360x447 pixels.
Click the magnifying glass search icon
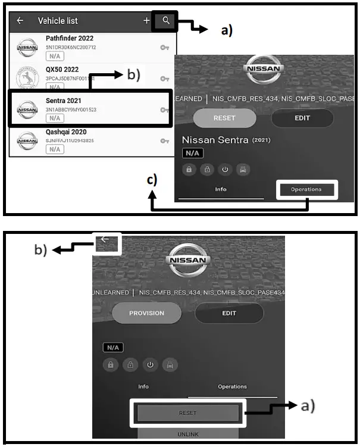pyautogui.click(x=166, y=20)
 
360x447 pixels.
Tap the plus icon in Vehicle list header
pyautogui.click(x=146, y=21)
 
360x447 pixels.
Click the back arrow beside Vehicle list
pyautogui.click(x=20, y=21)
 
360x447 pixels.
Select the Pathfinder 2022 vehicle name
pyautogui.click(x=70, y=39)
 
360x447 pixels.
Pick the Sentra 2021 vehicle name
pyautogui.click(x=63, y=101)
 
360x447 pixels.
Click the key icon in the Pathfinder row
pyautogui.click(x=164, y=47)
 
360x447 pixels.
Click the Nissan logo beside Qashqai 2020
pyautogui.click(x=27, y=140)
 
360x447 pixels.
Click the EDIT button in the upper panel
pyautogui.click(x=302, y=118)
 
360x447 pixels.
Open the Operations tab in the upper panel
pyautogui.click(x=306, y=190)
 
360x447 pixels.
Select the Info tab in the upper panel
pyautogui.click(x=221, y=190)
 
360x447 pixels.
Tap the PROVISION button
pyautogui.click(x=146, y=313)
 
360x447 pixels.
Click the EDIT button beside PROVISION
pyautogui.click(x=228, y=313)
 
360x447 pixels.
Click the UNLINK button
pyautogui.click(x=188, y=433)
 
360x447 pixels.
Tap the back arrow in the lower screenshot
pyautogui.click(x=105, y=240)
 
